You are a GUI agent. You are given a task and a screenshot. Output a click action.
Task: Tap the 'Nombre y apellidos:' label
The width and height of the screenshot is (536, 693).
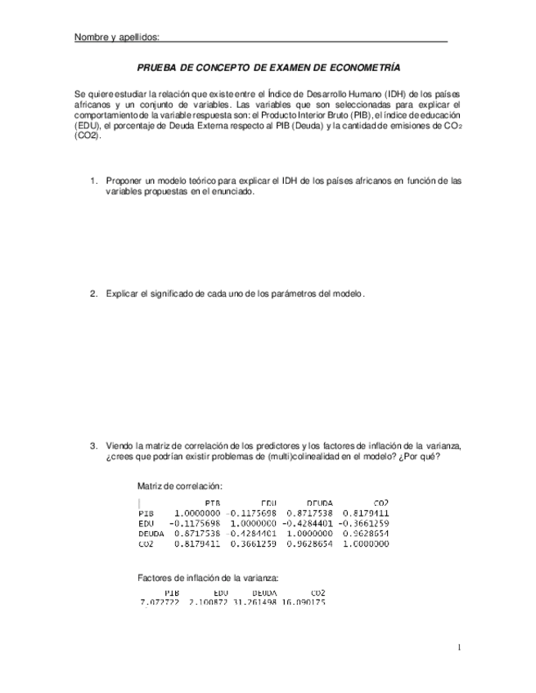coord(116,38)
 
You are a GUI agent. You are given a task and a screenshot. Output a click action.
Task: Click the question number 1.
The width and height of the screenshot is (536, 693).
coord(93,181)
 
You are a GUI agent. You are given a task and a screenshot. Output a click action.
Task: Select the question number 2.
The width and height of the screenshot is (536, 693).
coord(93,293)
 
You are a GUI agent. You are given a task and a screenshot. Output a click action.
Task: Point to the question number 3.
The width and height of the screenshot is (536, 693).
coord(93,445)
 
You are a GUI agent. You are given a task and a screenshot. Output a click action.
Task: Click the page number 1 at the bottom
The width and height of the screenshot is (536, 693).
coord(459,648)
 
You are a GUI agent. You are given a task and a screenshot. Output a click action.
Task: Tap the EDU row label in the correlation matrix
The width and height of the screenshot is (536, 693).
coord(147,523)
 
